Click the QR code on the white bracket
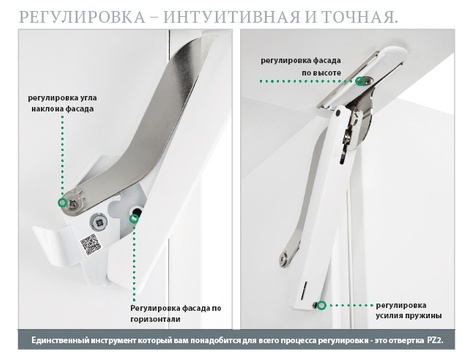tap(90, 244)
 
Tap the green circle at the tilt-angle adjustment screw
tap(62, 202)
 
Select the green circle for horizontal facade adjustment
tap(134, 218)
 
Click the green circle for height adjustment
tap(360, 81)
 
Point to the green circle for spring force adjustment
tap(321, 305)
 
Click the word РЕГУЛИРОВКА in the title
tap(82, 17)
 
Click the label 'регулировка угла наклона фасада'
tap(62, 104)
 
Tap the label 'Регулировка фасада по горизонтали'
tap(176, 314)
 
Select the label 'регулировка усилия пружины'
tap(409, 311)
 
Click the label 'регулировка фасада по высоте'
tap(301, 67)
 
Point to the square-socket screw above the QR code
tap(99, 221)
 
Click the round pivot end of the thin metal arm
tap(284, 259)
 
